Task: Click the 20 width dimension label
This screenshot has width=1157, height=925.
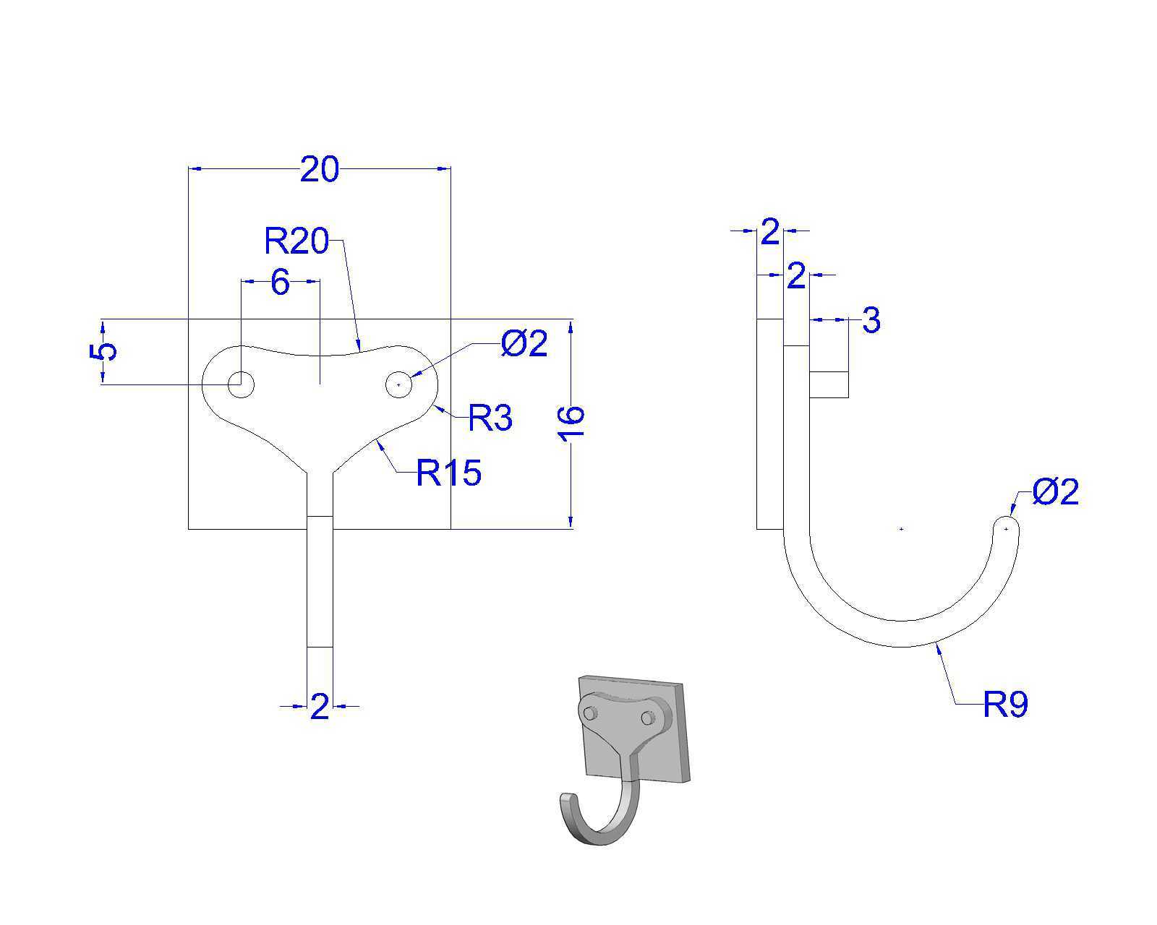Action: pyautogui.click(x=320, y=169)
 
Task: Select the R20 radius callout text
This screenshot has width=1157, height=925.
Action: pyautogui.click(x=296, y=241)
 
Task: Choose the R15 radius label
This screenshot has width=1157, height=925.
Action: pyautogui.click(x=449, y=473)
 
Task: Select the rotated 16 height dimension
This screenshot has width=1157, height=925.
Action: pyautogui.click(x=571, y=424)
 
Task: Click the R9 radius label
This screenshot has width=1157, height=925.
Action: pyautogui.click(x=1005, y=704)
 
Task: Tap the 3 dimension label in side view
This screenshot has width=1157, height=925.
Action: pyautogui.click(x=871, y=320)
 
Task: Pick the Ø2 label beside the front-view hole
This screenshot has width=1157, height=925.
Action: pyautogui.click(x=524, y=343)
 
